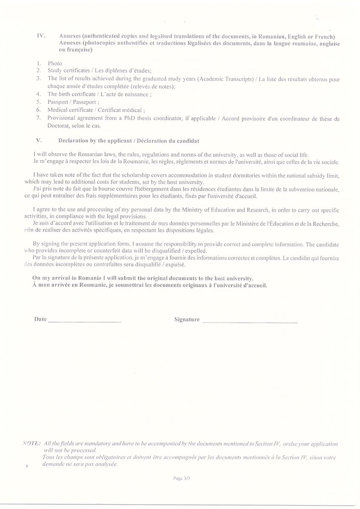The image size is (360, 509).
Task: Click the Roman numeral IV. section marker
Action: pyautogui.click(x=41, y=36)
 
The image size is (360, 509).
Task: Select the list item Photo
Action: pyautogui.click(x=55, y=63)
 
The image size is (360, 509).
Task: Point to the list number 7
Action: pyautogui.click(x=38, y=118)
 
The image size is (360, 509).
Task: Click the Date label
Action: pyautogui.click(x=40, y=319)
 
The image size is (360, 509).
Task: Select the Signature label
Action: pyautogui.click(x=187, y=319)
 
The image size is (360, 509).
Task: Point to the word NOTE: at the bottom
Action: pyautogui.click(x=31, y=443)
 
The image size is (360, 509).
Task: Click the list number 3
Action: pyautogui.click(x=38, y=78)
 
